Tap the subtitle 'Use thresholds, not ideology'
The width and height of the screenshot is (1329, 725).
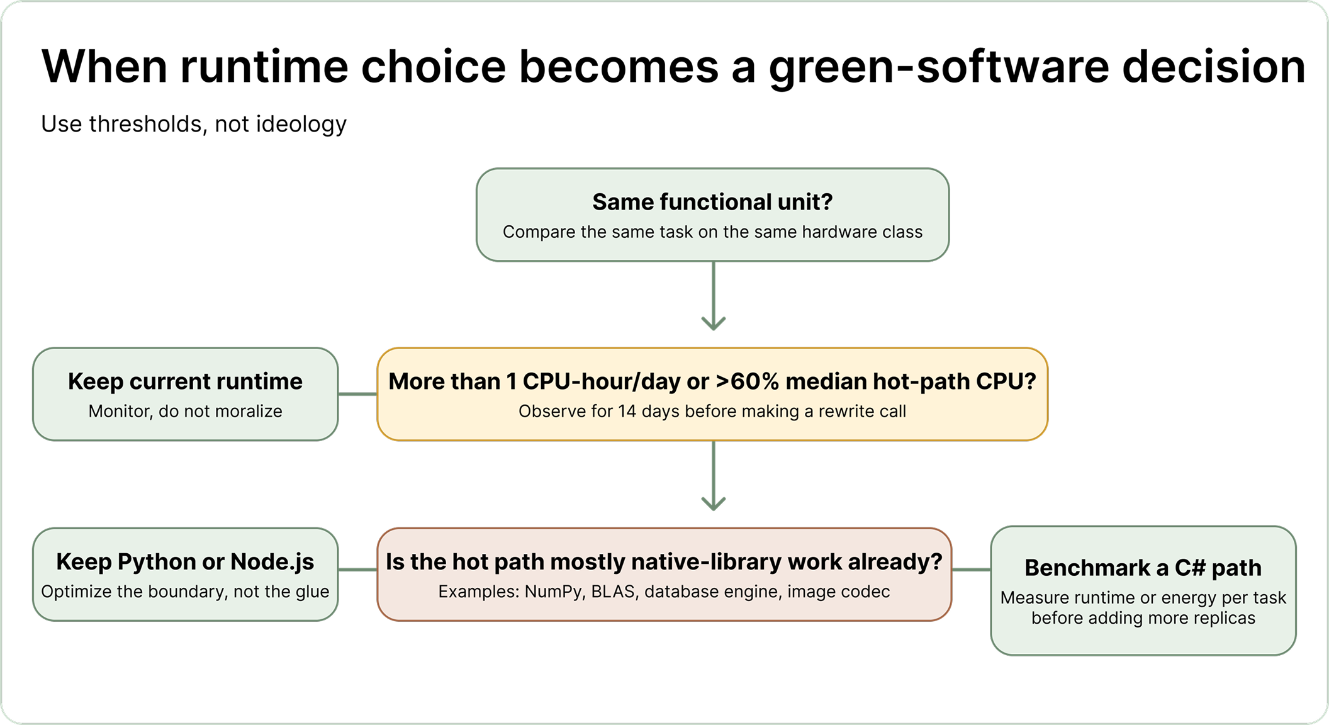(194, 124)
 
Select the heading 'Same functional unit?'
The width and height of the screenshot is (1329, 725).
(712, 202)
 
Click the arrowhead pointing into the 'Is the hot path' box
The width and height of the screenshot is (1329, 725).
(713, 503)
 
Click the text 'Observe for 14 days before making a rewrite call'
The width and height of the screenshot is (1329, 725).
(712, 412)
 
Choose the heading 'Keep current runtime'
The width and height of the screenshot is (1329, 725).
(185, 381)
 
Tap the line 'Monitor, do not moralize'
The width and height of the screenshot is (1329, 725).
(185, 412)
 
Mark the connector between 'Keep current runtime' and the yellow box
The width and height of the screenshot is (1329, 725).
(357, 394)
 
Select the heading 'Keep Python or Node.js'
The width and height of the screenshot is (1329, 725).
(185, 561)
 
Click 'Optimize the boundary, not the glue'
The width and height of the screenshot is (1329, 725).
(185, 592)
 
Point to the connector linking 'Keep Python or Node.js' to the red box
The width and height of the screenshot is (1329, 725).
(357, 570)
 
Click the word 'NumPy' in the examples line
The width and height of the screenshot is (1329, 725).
(552, 592)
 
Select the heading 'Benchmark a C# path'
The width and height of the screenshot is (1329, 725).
(1143, 568)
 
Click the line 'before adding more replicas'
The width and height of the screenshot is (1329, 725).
(1143, 618)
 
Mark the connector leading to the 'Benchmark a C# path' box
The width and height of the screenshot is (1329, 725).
(971, 570)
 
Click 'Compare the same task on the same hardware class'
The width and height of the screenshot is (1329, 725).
(712, 232)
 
